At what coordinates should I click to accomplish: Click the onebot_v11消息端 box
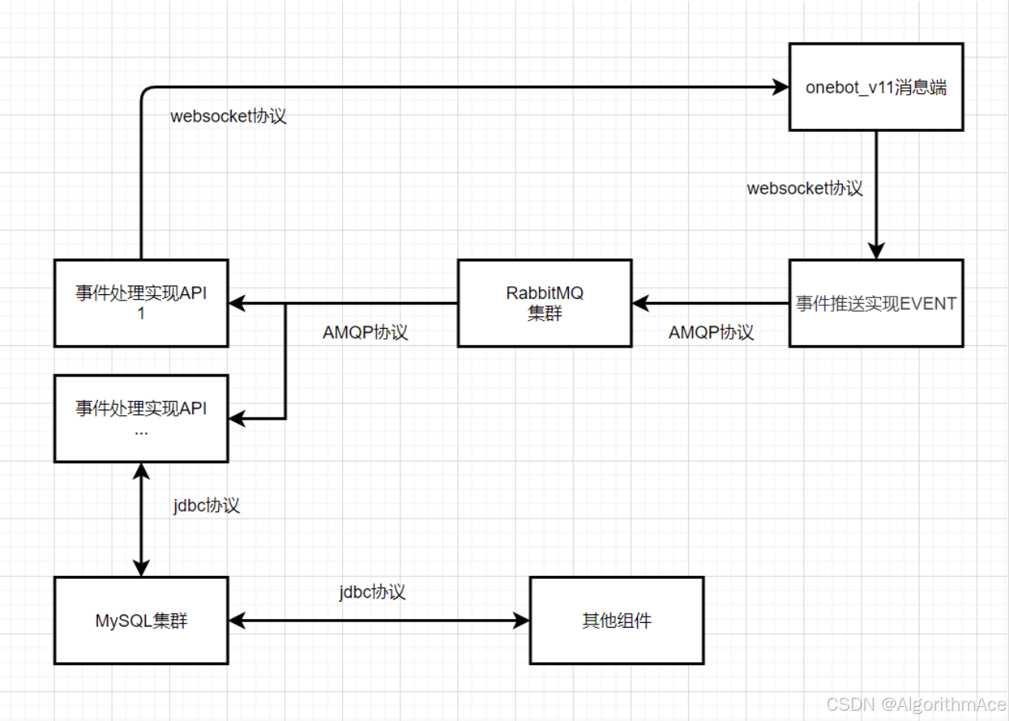[876, 87]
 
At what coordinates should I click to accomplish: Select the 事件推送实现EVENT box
[876, 303]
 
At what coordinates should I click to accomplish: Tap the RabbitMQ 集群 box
[545, 303]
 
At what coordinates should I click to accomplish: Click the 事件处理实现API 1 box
[141, 303]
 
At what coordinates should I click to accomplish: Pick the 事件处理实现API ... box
[141, 417]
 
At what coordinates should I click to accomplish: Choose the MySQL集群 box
[141, 621]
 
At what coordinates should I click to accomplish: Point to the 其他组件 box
[617, 621]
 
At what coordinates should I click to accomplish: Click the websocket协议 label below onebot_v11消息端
[805, 188]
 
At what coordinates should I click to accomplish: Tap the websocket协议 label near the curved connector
[228, 117]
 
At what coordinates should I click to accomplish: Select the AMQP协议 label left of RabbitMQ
[366, 332]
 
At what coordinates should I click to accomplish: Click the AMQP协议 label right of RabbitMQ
[712, 332]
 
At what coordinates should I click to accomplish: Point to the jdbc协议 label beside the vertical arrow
[206, 505]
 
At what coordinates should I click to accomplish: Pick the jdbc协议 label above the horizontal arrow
[373, 592]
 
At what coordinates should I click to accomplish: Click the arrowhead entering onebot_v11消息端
[781, 87]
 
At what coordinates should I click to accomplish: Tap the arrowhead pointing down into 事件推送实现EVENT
[876, 250]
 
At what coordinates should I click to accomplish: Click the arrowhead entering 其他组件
[522, 621]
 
